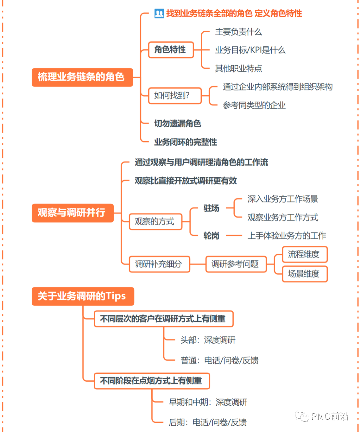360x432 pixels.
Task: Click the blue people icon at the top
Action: [x=159, y=14]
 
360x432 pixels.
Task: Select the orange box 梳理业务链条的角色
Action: [x=82, y=77]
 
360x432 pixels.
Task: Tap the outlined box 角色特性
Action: [x=171, y=50]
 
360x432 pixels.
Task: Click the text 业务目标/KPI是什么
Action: [x=250, y=50]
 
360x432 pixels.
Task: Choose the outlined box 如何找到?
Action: [x=175, y=96]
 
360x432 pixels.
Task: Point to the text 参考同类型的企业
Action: [x=254, y=105]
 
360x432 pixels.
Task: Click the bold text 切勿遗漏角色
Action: [x=177, y=124]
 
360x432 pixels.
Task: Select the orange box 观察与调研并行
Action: [x=72, y=213]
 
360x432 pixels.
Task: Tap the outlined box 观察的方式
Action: [x=155, y=221]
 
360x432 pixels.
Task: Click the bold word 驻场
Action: [x=211, y=208]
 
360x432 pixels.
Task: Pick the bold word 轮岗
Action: [x=211, y=236]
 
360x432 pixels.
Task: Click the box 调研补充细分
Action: [x=159, y=264]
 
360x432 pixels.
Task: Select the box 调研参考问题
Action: [x=236, y=264]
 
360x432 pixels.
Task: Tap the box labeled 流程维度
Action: [x=305, y=254]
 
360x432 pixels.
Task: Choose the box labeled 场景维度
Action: [x=305, y=274]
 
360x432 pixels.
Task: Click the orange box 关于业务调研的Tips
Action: [x=83, y=296]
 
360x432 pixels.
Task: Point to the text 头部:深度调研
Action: [x=208, y=340]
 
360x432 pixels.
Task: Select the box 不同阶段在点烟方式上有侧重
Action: [x=152, y=381]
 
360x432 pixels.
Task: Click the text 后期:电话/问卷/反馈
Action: [x=208, y=422]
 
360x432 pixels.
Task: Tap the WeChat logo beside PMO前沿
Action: [x=302, y=416]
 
